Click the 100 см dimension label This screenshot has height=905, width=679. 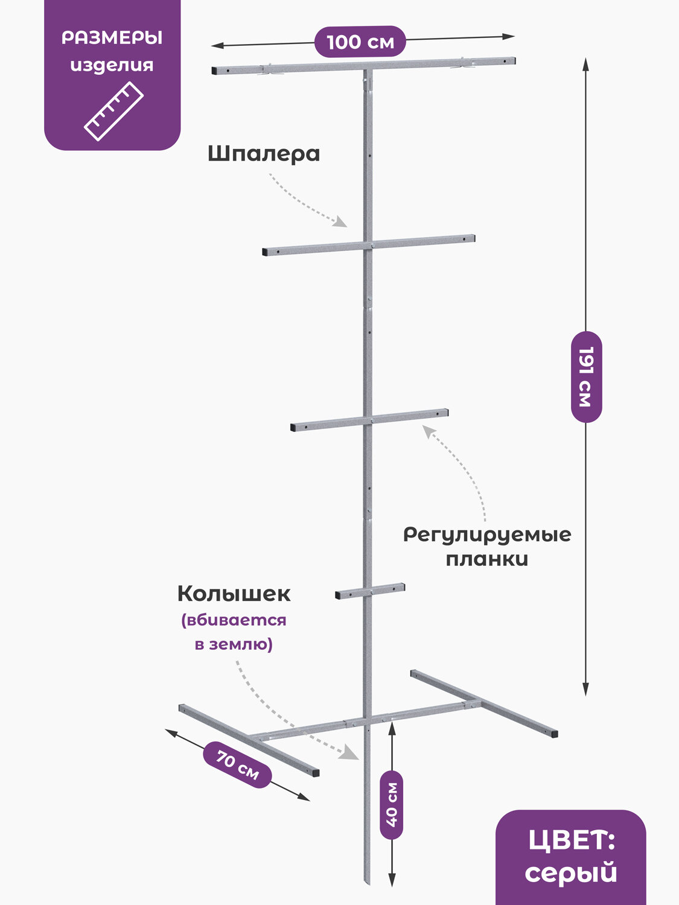coord(360,42)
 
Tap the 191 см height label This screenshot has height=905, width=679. coord(586,376)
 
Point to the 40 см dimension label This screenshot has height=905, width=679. coord(392,805)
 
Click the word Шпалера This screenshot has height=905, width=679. coord(264,154)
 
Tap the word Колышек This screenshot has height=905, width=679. coord(234,594)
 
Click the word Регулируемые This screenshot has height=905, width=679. coord(487,535)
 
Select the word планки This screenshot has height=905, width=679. coord(487,559)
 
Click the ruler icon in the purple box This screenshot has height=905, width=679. coord(113,111)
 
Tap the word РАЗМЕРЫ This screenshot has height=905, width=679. coord(112,38)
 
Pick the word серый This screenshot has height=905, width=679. coord(570,873)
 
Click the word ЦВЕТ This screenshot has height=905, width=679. coord(570,840)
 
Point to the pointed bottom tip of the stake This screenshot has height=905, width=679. coord(367,882)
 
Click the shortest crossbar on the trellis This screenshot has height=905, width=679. coord(370,591)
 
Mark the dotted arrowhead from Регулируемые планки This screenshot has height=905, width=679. coord(427,431)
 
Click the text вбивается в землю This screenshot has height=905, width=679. coord(234,632)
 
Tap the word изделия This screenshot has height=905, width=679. coord(112,65)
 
